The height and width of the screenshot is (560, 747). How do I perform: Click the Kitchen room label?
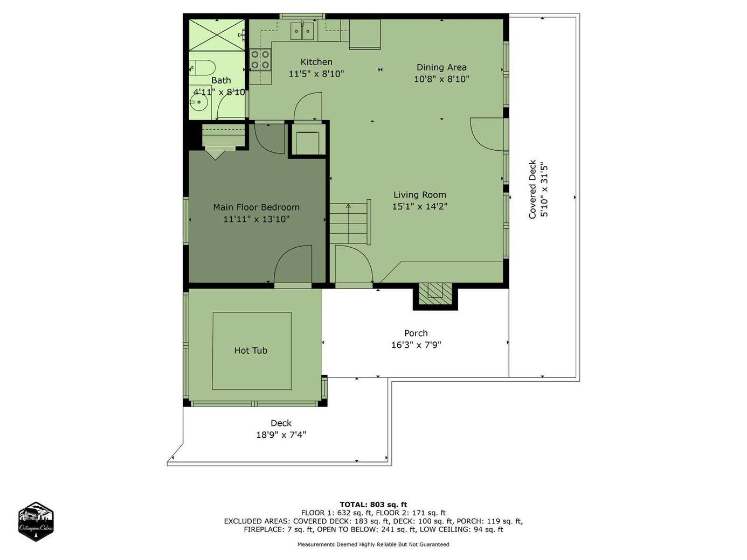coord(316,62)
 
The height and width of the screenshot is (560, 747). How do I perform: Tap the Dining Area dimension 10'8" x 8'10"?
coord(441,79)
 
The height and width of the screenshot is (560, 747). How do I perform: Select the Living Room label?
coord(420,195)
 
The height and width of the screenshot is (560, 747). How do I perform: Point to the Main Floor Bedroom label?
coord(256,207)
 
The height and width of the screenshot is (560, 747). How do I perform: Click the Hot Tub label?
coord(251,350)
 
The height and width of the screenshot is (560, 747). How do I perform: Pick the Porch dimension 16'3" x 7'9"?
coord(416,345)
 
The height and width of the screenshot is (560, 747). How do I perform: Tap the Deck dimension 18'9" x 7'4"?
coord(281,435)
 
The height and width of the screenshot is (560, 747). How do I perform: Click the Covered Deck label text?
coord(532,189)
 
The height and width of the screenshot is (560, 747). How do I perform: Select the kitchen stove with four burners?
coord(260,60)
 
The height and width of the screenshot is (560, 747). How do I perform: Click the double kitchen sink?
coord(302,31)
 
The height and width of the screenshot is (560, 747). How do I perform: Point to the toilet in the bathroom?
coord(202,67)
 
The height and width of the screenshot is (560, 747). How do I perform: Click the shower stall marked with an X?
coord(217,34)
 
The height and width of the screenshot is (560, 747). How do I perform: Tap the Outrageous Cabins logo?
coord(36,521)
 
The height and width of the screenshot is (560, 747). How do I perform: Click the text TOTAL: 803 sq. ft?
coord(373,505)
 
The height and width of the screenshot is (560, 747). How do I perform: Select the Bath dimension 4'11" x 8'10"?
coord(220,92)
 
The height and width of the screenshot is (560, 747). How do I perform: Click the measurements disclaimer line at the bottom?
coord(373,544)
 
